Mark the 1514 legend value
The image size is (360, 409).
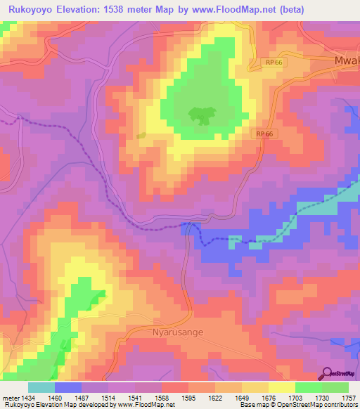pos(108,398)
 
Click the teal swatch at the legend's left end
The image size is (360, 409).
pos(41,387)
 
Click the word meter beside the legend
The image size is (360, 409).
pos(11,398)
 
